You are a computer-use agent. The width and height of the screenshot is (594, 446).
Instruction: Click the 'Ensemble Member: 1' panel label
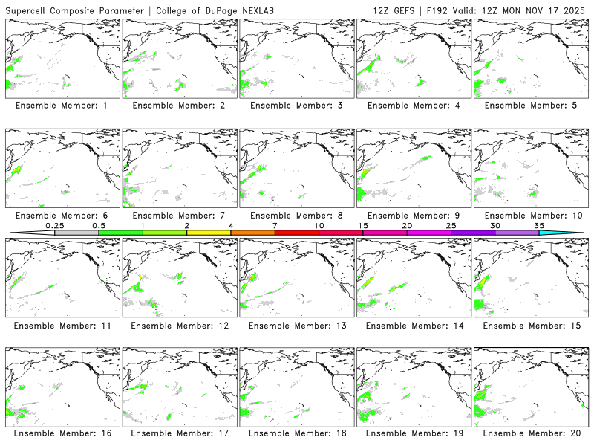62,106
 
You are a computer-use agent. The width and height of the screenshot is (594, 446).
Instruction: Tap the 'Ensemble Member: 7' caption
179,215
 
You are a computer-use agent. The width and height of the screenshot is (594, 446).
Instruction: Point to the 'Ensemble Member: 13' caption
296,325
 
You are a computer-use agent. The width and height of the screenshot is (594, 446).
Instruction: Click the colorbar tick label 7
275,225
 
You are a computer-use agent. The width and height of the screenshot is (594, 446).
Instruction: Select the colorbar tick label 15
362,225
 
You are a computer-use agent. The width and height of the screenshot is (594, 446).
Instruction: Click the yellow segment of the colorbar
209,233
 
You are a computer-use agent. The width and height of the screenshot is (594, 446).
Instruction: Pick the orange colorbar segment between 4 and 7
252,233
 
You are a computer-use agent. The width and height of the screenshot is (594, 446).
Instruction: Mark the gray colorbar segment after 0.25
76,233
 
